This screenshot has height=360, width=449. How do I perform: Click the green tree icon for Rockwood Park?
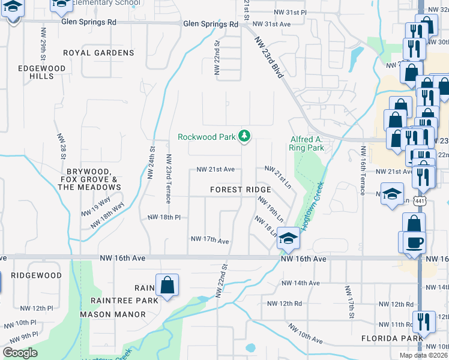point(244,137)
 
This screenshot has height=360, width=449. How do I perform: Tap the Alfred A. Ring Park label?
point(307,143)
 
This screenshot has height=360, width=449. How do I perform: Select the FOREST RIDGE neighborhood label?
point(240,190)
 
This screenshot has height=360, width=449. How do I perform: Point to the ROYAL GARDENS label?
point(98,53)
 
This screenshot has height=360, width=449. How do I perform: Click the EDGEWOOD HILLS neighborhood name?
point(41,73)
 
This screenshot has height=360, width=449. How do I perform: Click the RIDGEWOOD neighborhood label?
point(35,275)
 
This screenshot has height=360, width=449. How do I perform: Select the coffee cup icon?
point(414,244)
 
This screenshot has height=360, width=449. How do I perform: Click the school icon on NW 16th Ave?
point(288,239)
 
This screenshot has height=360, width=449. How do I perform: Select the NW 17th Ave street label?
point(210,240)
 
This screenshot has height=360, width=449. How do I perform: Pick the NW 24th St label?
point(151,163)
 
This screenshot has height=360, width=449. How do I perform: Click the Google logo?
point(20,353)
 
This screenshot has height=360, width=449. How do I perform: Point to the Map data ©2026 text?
point(424,355)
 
